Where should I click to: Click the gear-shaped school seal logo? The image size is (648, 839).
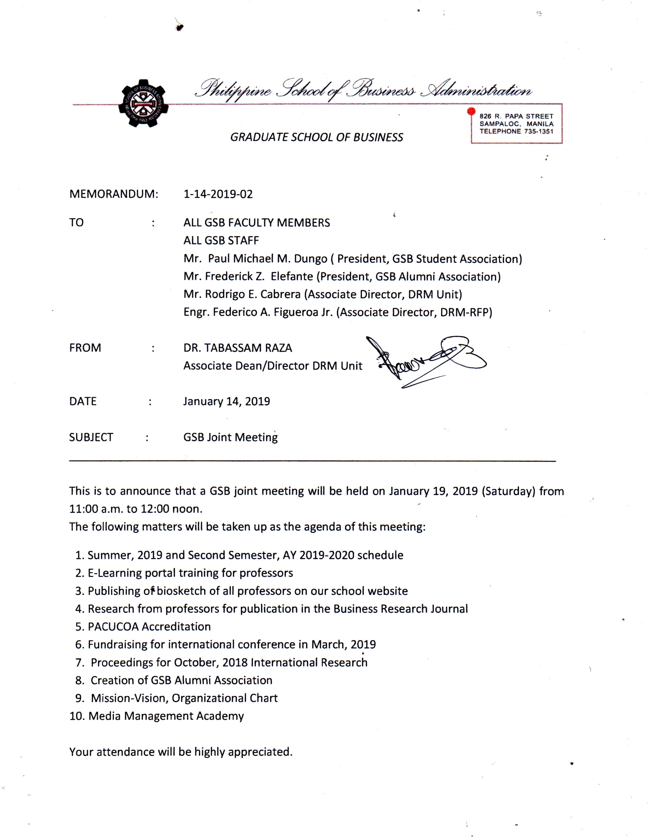143,103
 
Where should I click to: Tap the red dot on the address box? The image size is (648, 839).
471,111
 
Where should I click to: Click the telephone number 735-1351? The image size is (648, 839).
538,131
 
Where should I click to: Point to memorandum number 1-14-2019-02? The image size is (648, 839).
218,194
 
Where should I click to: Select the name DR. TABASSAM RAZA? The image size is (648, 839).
238,348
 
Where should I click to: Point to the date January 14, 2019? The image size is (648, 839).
226,401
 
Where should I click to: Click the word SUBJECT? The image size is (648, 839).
91,437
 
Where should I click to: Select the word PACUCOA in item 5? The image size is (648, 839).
113,626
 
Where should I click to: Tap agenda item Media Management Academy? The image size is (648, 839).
166,716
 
